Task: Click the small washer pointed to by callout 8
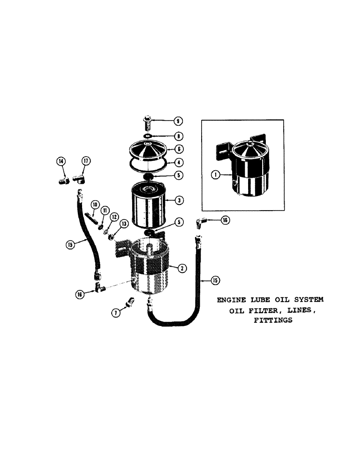[x=148, y=136]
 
